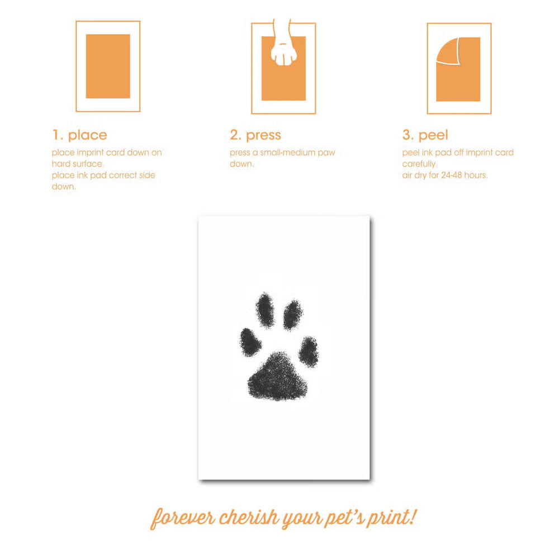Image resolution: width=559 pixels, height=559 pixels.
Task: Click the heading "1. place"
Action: (79, 135)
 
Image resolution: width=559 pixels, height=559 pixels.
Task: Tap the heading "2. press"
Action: (255, 135)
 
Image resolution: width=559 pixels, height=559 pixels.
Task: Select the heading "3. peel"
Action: (425, 135)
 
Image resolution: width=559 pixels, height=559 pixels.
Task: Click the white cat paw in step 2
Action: (284, 50)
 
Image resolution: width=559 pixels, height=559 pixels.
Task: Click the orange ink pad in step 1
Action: (108, 67)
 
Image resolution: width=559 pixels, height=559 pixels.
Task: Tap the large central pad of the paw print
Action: (277, 376)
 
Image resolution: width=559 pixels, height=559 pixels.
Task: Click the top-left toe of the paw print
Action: (265, 310)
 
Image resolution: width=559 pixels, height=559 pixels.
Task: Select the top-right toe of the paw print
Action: (293, 314)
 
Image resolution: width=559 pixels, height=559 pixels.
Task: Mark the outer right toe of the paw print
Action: (309, 352)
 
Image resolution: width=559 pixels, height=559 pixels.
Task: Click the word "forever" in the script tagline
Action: (183, 518)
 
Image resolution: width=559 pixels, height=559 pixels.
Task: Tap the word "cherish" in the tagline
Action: (249, 517)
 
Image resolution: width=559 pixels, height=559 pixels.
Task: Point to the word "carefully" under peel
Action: (419, 164)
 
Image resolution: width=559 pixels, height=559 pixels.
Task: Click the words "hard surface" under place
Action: (77, 164)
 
